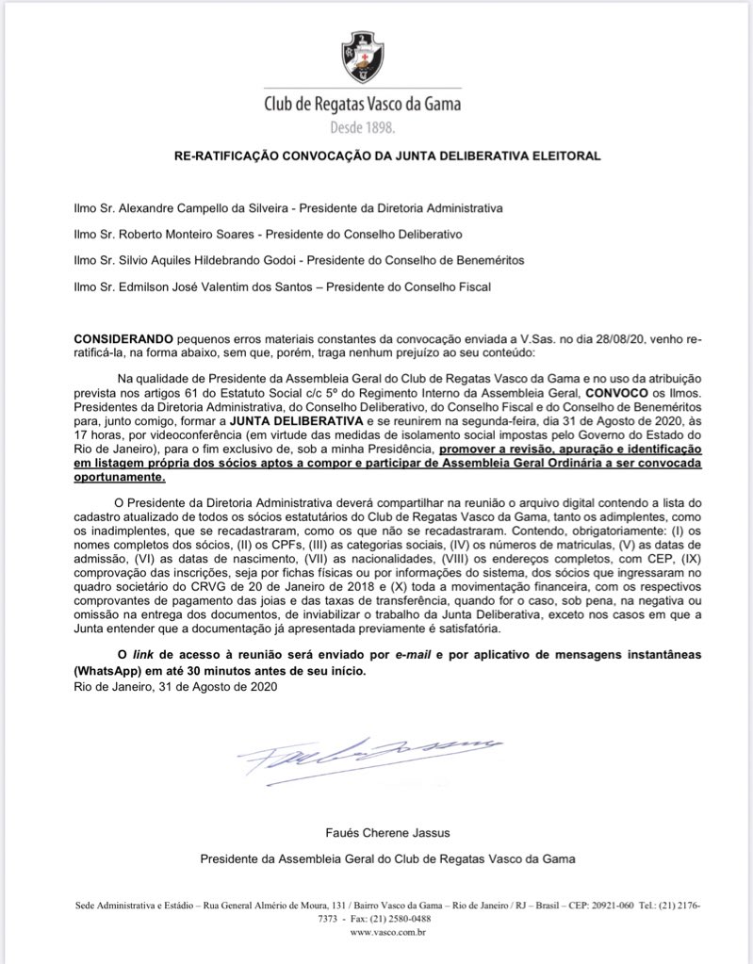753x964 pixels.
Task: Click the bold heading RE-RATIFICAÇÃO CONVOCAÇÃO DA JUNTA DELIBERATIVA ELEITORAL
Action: click(375, 155)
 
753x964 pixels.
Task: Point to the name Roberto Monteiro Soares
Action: click(166, 231)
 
